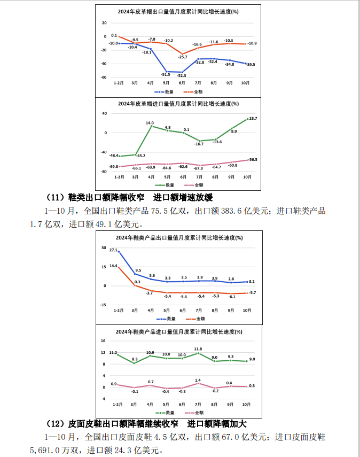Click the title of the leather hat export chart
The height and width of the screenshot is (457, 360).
click(x=178, y=11)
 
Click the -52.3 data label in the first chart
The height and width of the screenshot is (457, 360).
click(x=182, y=76)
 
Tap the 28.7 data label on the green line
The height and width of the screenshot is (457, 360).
click(x=253, y=118)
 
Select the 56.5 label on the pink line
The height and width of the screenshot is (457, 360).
click(x=253, y=160)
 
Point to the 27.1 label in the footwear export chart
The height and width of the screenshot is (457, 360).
click(x=113, y=250)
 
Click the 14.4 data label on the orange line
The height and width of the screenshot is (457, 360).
click(x=113, y=266)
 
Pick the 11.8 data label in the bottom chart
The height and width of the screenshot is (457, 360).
click(x=198, y=349)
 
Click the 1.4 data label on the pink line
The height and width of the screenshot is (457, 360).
click(x=198, y=379)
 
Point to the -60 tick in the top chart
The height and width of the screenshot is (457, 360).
click(x=104, y=77)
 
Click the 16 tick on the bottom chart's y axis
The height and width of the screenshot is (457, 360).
click(x=103, y=340)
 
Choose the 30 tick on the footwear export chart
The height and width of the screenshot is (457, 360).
click(x=103, y=248)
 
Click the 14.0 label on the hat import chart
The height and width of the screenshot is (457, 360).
click(x=151, y=122)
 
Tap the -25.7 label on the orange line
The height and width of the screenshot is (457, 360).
click(x=183, y=57)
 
